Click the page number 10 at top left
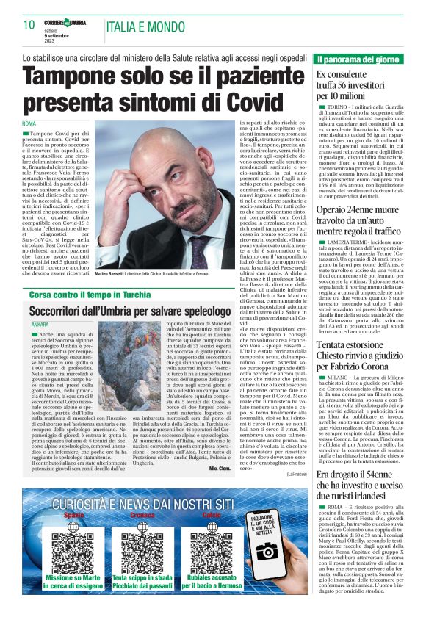(x=29, y=25)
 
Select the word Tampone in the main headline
(x=83, y=77)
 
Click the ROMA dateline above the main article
(x=29, y=123)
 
